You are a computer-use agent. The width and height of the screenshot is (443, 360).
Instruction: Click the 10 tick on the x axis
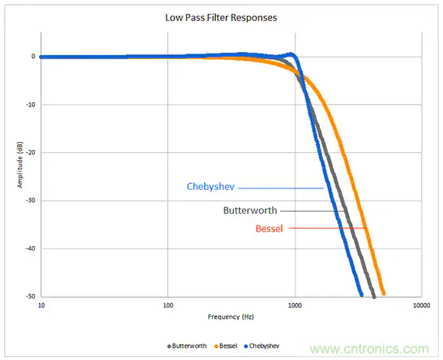tap(41, 306)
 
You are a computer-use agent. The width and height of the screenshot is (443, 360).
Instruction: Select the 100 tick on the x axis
tap(168, 306)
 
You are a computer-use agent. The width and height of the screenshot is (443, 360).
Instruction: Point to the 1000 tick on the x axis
tap(295, 306)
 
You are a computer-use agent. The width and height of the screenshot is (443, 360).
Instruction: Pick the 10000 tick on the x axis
tap(421, 306)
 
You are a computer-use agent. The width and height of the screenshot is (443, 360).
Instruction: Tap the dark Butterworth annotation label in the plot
tap(250, 211)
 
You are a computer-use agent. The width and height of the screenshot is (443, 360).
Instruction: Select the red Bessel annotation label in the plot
tap(270, 229)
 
